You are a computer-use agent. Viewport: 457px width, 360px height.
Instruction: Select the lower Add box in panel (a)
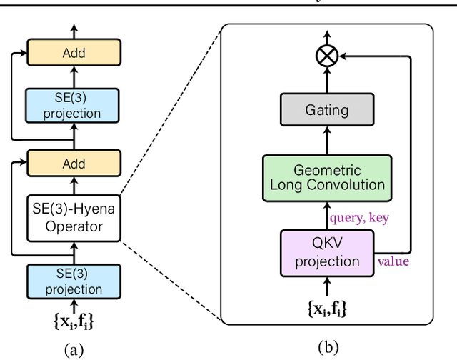(73, 164)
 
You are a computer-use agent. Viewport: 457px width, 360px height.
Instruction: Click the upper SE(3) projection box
(73, 104)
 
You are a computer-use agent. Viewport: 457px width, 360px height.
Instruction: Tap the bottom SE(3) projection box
(73, 281)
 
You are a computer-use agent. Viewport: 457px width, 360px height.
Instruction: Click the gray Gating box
(327, 110)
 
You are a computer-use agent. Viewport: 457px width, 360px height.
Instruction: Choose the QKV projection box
(327, 251)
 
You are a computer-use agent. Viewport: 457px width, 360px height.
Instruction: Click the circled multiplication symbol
(327, 58)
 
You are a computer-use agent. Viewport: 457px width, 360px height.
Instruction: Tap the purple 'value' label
(393, 261)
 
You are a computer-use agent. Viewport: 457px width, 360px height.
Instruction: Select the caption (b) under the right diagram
(327, 348)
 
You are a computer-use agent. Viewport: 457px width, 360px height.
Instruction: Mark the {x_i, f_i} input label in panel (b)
(327, 309)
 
